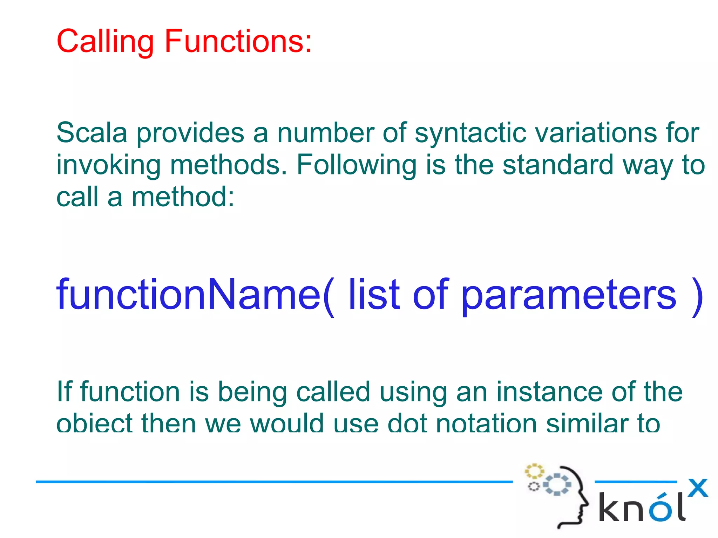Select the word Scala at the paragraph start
92,133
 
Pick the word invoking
108,165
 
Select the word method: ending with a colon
183,197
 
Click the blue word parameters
569,295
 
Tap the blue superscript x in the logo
698,488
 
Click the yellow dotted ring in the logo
534,471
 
